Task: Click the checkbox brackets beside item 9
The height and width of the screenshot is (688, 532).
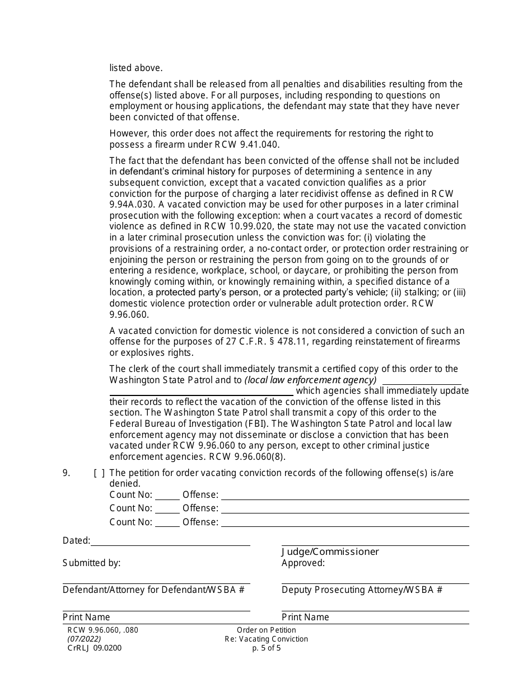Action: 99,473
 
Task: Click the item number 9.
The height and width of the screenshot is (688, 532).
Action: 66,473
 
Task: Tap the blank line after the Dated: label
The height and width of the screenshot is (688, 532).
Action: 170,541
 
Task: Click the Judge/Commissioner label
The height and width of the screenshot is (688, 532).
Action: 330,552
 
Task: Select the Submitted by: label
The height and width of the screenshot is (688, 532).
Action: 91,563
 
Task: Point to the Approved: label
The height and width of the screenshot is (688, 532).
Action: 303,563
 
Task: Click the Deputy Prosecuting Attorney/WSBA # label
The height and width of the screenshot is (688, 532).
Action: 362,590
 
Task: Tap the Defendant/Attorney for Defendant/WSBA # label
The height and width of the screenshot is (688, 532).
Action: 153,590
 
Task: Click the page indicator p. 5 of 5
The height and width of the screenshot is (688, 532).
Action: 267,648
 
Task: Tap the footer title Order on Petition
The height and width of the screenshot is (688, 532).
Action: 267,630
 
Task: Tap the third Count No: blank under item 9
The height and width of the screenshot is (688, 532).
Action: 167,522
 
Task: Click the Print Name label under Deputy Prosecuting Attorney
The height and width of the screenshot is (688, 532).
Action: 305,617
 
